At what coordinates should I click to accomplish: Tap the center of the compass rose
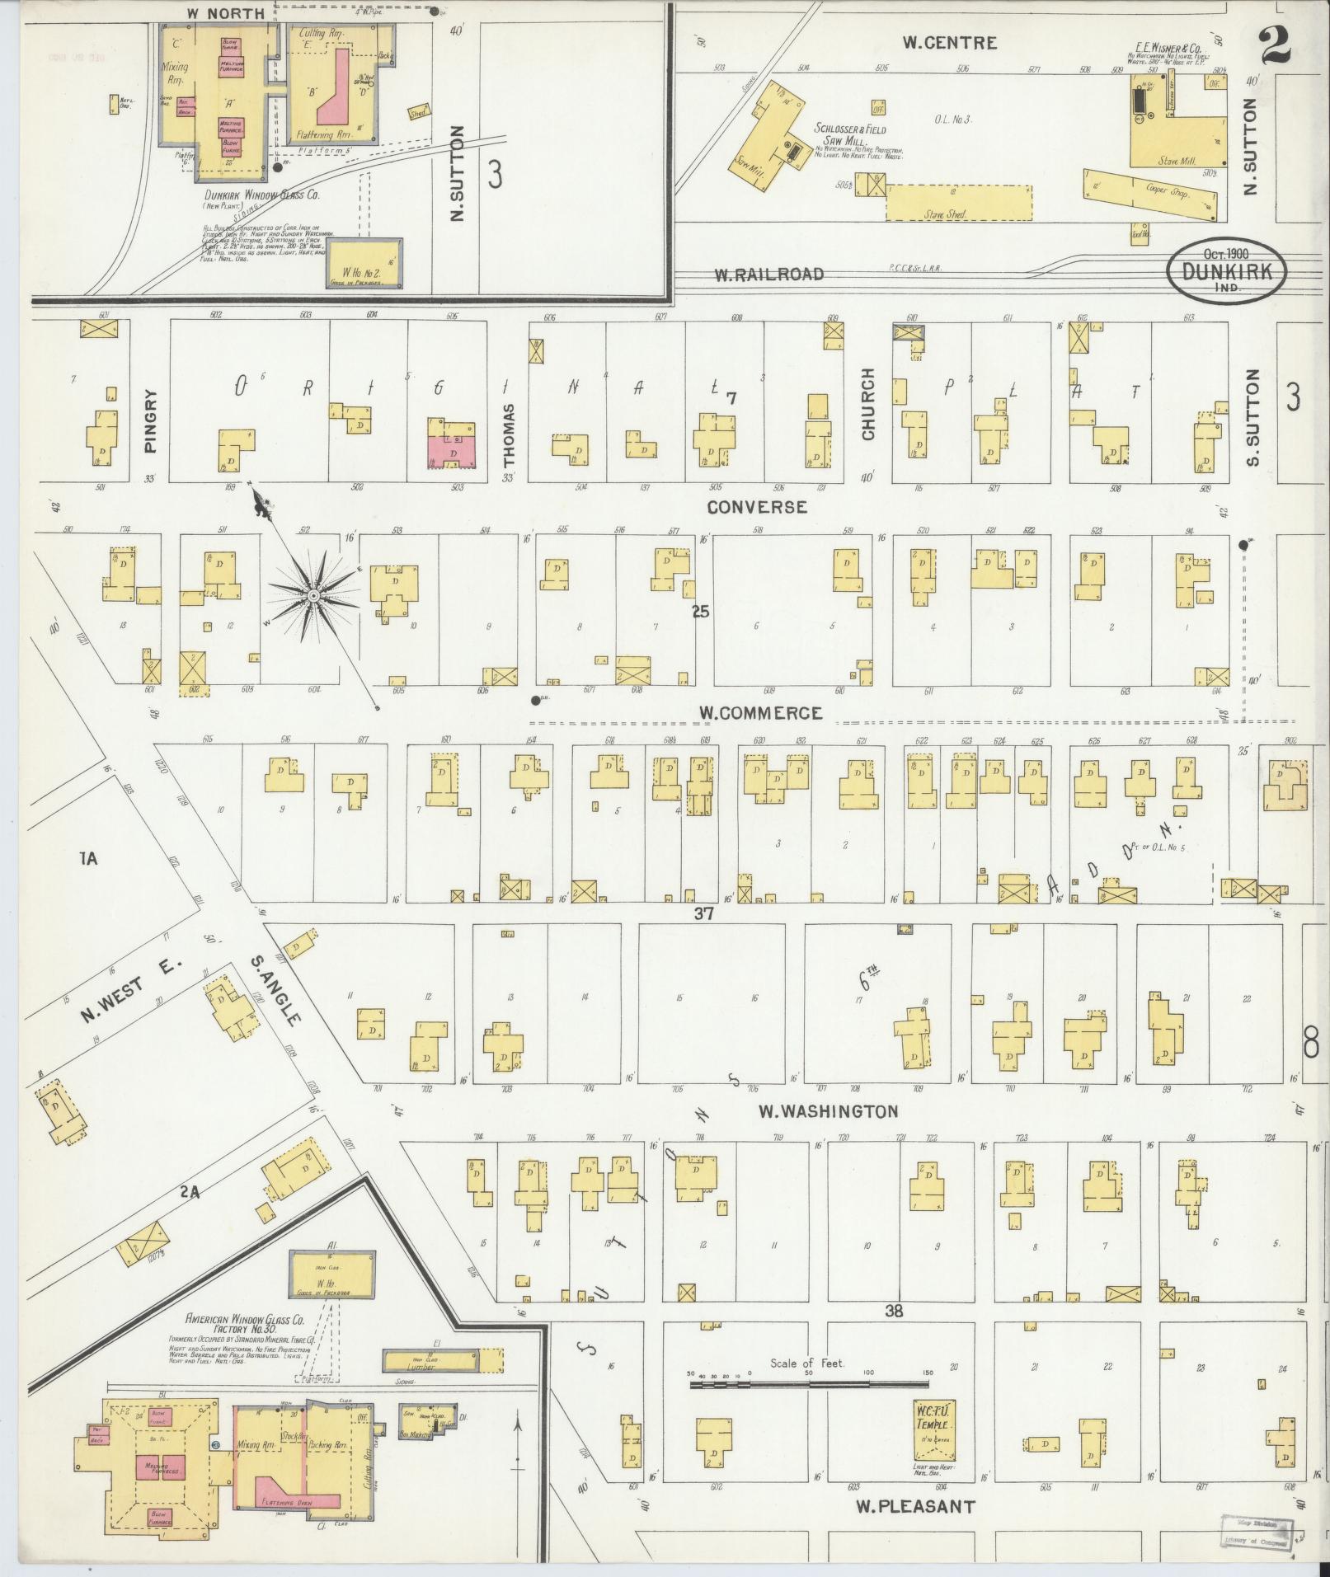coord(313,595)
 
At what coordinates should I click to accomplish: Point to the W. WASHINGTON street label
coord(828,1112)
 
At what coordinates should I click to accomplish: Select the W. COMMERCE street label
coord(760,713)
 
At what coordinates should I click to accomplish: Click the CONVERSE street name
coord(757,507)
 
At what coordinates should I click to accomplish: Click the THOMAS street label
coord(508,435)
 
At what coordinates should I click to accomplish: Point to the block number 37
coord(703,913)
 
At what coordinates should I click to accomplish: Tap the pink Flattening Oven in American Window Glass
coord(293,1503)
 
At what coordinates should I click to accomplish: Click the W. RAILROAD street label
coord(768,275)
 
